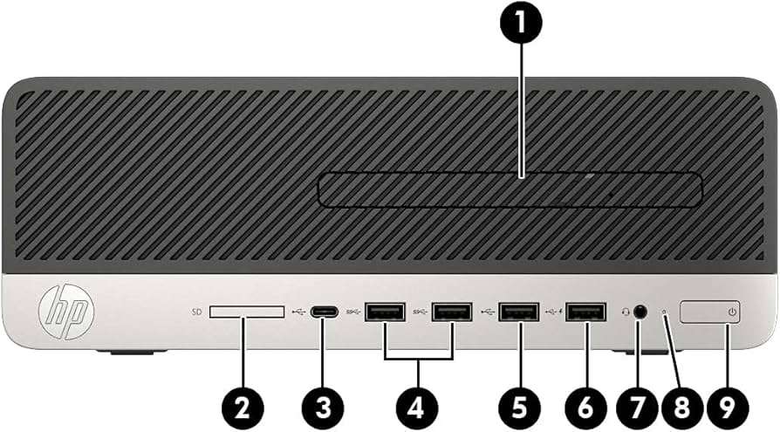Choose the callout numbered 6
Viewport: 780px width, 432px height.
tap(585, 406)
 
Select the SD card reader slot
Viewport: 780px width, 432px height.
tap(247, 312)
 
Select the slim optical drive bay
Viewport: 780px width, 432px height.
tap(510, 190)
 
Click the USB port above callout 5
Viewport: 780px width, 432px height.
tap(517, 312)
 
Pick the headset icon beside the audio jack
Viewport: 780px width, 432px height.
tap(625, 311)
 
